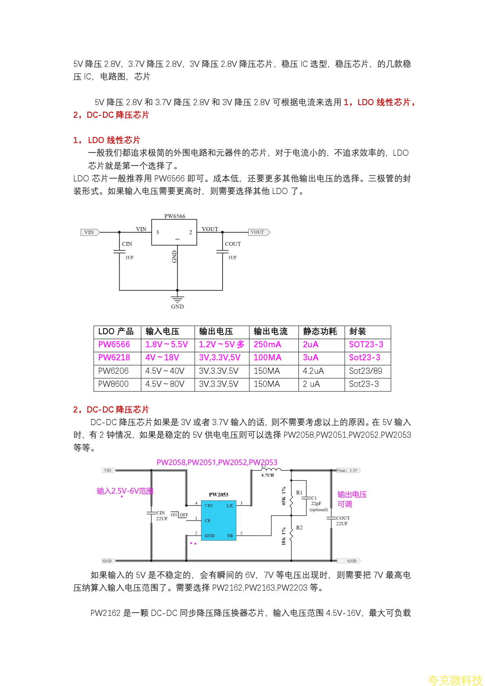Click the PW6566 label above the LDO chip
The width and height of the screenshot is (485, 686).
pyautogui.click(x=174, y=216)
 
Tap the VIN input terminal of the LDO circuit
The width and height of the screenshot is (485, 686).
pyautogui.click(x=90, y=232)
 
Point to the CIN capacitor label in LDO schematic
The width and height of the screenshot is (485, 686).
pyautogui.click(x=127, y=244)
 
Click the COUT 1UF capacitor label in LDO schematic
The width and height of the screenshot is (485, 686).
pyautogui.click(x=233, y=244)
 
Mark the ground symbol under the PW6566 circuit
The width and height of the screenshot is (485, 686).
pyautogui.click(x=177, y=300)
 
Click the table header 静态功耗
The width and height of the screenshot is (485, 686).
pyautogui.click(x=320, y=331)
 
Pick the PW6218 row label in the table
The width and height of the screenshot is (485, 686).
pyautogui.click(x=114, y=357)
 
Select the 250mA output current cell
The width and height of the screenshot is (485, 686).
pyautogui.click(x=267, y=344)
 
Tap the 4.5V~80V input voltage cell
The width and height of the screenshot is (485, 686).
pyautogui.click(x=165, y=384)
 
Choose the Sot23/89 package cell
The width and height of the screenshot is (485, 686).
pyautogui.click(x=366, y=371)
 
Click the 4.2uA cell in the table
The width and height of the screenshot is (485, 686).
pyautogui.click(x=313, y=371)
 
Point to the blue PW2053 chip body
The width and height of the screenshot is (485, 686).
pyautogui.click(x=218, y=520)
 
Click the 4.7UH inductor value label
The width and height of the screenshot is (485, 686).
pyautogui.click(x=267, y=475)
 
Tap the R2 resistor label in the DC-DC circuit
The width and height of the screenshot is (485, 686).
pyautogui.click(x=299, y=527)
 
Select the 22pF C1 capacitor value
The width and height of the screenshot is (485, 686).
pyautogui.click(x=316, y=504)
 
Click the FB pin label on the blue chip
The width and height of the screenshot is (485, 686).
pyautogui.click(x=230, y=536)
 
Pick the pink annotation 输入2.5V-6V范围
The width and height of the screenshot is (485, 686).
pyautogui.click(x=125, y=491)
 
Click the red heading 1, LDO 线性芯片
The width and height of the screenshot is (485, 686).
pyautogui.click(x=106, y=140)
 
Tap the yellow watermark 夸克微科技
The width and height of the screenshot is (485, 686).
pyautogui.click(x=455, y=680)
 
